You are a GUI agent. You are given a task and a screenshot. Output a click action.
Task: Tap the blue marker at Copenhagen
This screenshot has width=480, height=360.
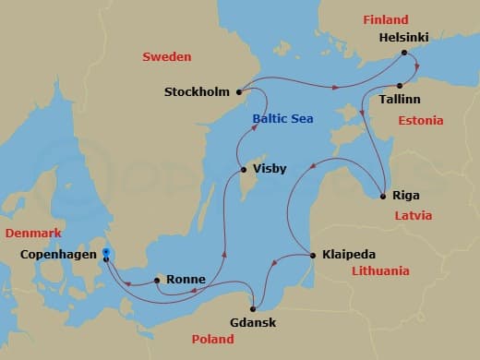pyautogui.click(x=107, y=252)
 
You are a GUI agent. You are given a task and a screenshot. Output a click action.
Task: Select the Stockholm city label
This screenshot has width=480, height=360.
pyautogui.click(x=198, y=92)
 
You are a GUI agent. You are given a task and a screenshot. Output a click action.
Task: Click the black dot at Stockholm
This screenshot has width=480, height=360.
pyautogui.click(x=239, y=91)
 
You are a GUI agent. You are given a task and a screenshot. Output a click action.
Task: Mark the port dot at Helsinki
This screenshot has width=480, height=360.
pyautogui.click(x=403, y=54)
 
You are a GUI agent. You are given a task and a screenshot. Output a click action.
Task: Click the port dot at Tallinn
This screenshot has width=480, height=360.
pyautogui.click(x=399, y=85)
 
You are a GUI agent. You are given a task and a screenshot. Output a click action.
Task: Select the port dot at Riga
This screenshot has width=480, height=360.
pyautogui.click(x=384, y=196)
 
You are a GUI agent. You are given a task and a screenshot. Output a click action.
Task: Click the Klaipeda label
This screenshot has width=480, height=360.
pyautogui.click(x=350, y=254)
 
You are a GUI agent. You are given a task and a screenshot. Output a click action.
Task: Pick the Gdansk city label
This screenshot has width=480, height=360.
pyautogui.click(x=253, y=322)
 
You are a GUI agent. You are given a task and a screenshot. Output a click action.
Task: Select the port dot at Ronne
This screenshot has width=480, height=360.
pyautogui.click(x=157, y=279)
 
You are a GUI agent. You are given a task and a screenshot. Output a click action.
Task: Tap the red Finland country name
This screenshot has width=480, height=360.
pyautogui.click(x=385, y=18)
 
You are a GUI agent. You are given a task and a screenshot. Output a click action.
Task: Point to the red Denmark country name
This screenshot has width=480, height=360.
pyautogui.click(x=33, y=233)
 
